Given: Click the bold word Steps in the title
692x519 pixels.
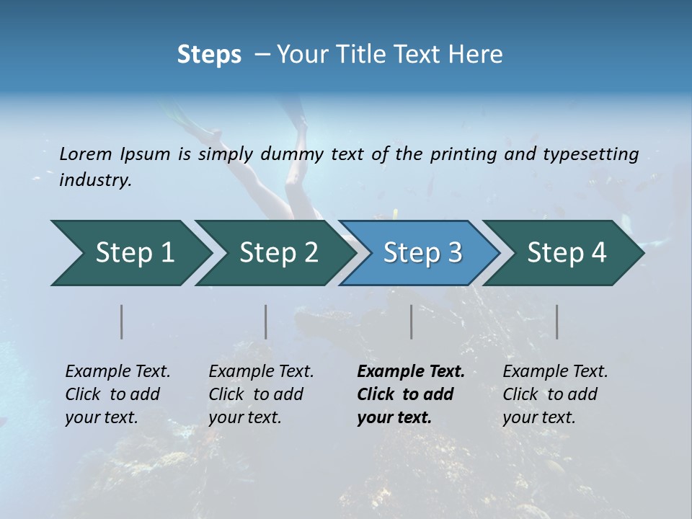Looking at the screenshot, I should [x=209, y=55].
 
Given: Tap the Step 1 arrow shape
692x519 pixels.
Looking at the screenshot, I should [x=130, y=253].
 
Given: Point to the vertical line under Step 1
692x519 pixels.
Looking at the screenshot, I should [x=122, y=321].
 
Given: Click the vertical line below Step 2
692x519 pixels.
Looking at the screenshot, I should [x=266, y=321].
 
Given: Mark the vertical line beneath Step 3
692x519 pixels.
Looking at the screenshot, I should [x=412, y=321].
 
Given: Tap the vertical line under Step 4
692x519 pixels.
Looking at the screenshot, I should [x=557, y=321].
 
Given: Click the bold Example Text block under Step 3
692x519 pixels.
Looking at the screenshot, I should [x=411, y=394].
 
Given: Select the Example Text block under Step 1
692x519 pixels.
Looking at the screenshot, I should [x=117, y=394].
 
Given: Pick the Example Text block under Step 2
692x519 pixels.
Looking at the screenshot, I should [x=261, y=394].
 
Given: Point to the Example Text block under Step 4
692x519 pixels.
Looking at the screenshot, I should [x=555, y=394].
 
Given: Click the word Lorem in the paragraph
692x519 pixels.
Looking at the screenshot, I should [x=86, y=154].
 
